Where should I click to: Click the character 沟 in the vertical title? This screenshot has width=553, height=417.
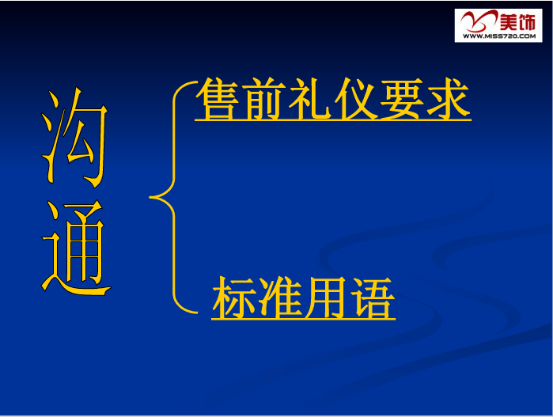click(x=75, y=138)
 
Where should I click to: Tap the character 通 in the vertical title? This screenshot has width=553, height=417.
click(x=76, y=248)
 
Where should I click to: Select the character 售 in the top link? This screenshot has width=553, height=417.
click(x=217, y=98)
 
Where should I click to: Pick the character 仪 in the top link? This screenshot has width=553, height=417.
click(x=356, y=99)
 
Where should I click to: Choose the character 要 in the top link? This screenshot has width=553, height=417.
click(x=403, y=99)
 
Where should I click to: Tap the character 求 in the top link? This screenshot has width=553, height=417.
click(x=449, y=99)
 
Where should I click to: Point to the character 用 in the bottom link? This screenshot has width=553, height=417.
click(x=325, y=298)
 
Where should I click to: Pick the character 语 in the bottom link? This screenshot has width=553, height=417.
click(x=373, y=298)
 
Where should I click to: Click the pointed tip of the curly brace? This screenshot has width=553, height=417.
click(x=150, y=197)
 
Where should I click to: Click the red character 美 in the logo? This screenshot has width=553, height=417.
click(x=509, y=21)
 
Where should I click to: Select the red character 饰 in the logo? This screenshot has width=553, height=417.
click(x=527, y=21)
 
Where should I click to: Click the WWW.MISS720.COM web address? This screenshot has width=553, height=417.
click(x=499, y=36)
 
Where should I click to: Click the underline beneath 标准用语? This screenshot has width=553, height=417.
click(x=303, y=319)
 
